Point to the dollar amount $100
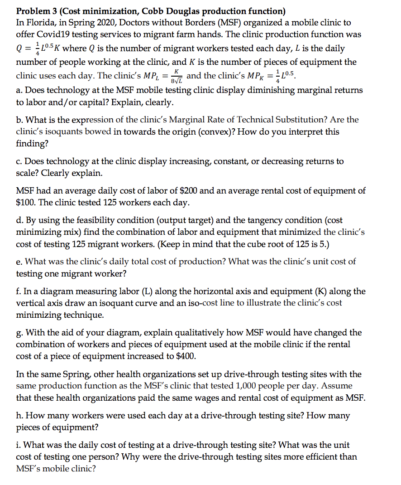click(27, 203)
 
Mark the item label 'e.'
click(20, 262)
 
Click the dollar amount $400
click(186, 356)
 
